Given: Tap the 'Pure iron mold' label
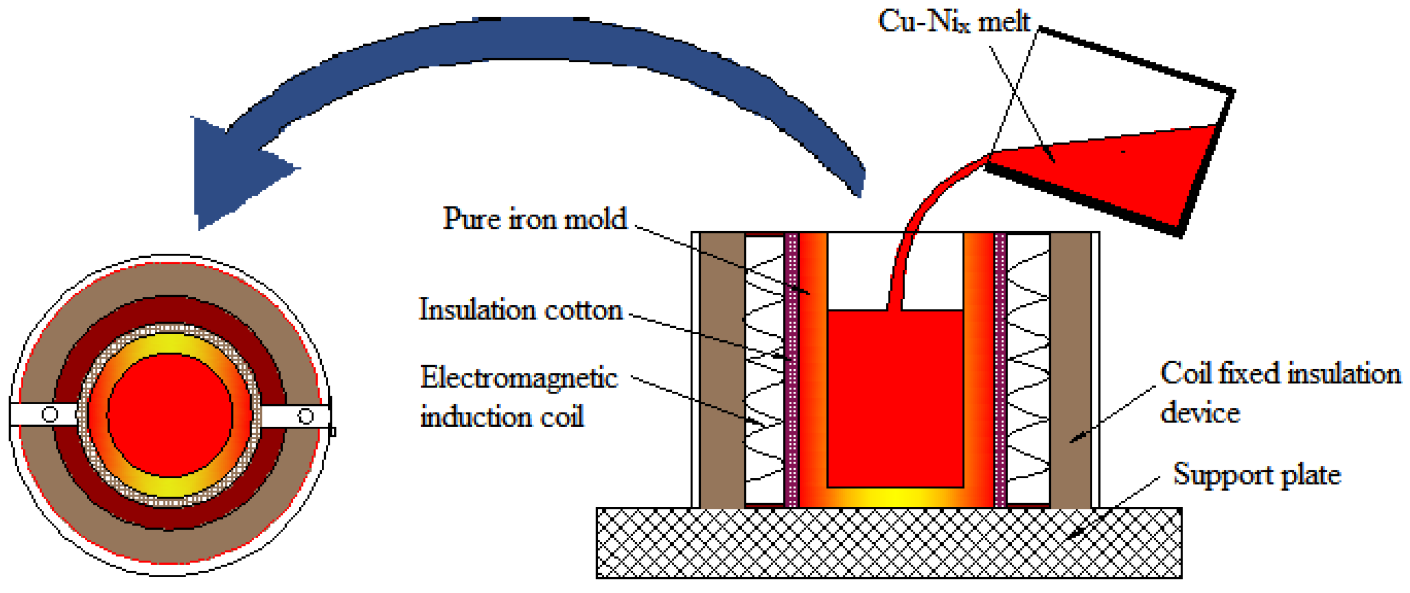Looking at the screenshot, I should click(x=534, y=219).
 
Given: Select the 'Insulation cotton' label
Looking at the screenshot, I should click(x=520, y=310).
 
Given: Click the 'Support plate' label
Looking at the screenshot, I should click(x=1257, y=474).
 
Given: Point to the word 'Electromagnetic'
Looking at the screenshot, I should click(x=519, y=378).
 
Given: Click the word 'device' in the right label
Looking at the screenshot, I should click(x=1200, y=413).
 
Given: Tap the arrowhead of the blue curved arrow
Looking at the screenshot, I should click(x=232, y=170).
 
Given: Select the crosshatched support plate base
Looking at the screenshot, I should click(x=888, y=543).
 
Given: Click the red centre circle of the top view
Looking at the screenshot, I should click(x=170, y=415).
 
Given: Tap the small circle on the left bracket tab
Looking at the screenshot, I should click(x=50, y=414).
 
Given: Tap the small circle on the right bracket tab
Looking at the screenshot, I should click(x=305, y=417).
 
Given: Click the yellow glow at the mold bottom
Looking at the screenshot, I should click(x=895, y=497).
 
